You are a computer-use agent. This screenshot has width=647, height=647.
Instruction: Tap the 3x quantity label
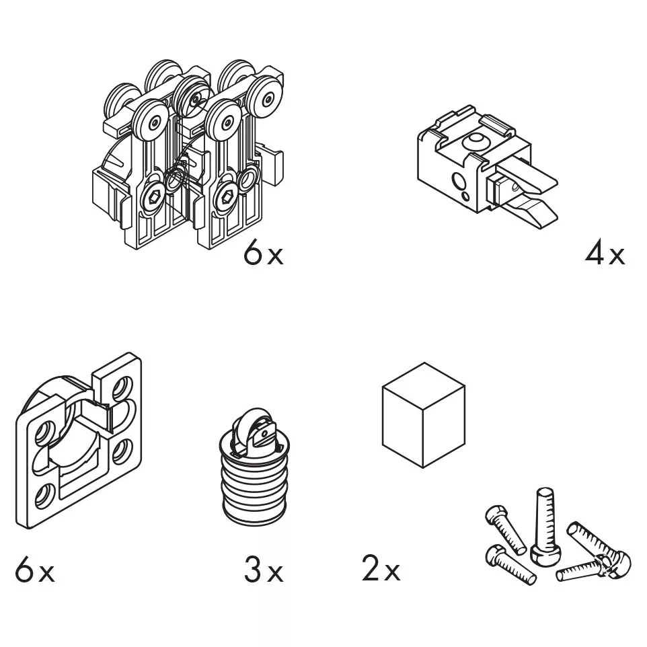263,570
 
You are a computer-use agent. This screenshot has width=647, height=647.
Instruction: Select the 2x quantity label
381,569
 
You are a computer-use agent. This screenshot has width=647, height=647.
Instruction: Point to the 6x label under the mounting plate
34,570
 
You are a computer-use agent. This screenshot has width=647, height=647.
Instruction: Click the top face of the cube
424,385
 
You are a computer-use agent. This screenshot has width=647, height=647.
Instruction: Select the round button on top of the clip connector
475,143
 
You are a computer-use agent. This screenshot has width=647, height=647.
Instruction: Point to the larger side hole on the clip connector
458,180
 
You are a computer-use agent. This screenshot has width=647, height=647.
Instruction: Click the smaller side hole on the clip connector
465,196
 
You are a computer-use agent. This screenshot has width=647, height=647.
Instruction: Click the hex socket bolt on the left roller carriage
153,198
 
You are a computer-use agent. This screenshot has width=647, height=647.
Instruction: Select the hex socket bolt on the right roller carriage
227,198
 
